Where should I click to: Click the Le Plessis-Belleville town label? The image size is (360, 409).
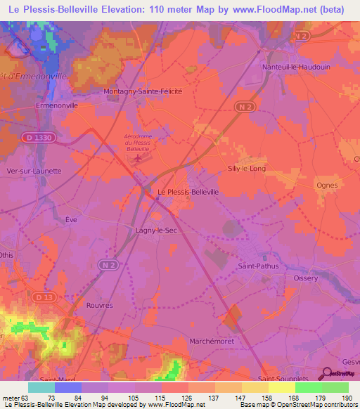click(x=188, y=191)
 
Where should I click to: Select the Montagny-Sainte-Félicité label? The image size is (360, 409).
click(x=143, y=91)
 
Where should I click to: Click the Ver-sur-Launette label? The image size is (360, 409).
click(x=33, y=171)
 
